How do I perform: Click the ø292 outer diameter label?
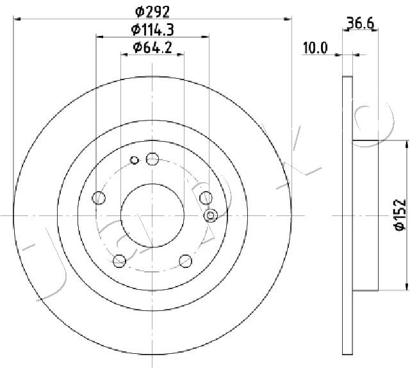click(152, 12)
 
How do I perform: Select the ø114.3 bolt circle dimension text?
click(152, 29)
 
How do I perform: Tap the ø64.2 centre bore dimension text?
click(152, 47)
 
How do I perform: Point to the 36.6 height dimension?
click(360, 23)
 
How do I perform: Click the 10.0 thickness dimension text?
click(315, 48)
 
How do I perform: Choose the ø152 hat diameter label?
click(400, 215)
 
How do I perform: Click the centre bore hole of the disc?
click(152, 215)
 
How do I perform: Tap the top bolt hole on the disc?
click(152, 159)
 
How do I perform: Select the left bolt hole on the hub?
click(99, 198)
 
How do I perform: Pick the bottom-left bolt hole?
click(120, 261)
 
